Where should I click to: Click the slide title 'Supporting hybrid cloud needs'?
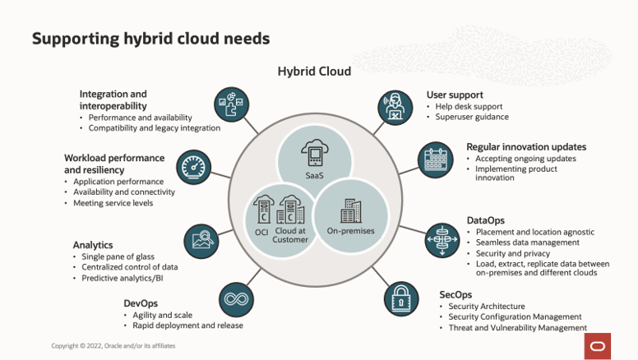point(150,39)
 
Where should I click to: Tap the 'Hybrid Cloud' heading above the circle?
point(314,72)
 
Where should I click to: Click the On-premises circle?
point(351,215)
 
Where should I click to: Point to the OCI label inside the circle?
point(261,232)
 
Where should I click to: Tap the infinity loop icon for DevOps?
point(236,299)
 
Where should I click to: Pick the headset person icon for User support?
point(395,108)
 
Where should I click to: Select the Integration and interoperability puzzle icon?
point(231,105)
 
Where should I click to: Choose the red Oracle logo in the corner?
point(598,346)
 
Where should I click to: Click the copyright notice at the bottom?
point(113,346)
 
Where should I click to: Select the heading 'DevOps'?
point(141,302)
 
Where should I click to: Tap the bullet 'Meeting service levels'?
point(113,202)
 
